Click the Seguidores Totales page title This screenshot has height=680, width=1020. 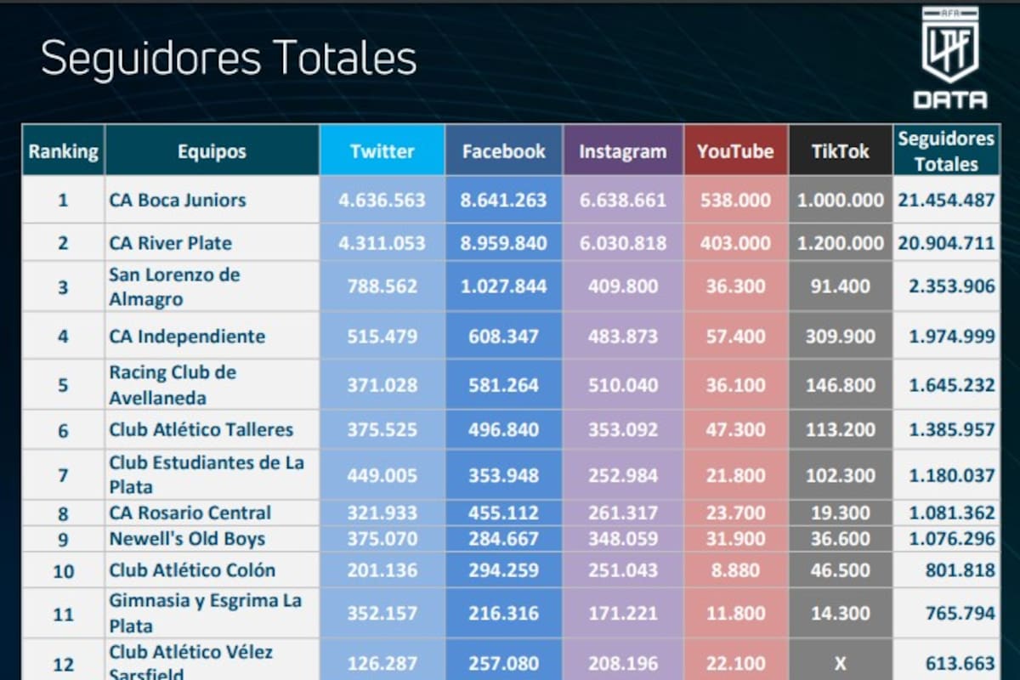(x=229, y=59)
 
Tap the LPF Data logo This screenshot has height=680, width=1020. (x=950, y=58)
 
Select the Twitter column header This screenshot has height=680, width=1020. (x=382, y=151)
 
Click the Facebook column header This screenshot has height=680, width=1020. (x=503, y=151)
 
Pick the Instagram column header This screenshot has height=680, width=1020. (x=622, y=151)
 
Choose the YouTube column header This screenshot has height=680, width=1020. (x=735, y=151)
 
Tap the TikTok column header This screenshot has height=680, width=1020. (x=840, y=151)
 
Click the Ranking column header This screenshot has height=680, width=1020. (x=64, y=152)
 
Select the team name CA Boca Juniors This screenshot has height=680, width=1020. (x=178, y=201)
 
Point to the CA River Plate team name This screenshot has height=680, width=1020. (x=170, y=243)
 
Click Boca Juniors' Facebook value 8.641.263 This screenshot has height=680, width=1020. (x=503, y=201)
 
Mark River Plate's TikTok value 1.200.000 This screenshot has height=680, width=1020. (x=840, y=243)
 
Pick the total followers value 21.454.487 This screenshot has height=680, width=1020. (x=946, y=201)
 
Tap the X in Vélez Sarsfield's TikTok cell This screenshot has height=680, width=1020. (x=840, y=664)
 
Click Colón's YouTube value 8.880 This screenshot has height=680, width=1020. (x=735, y=570)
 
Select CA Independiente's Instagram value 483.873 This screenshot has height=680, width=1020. (x=622, y=336)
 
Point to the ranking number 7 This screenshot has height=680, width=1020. (x=64, y=475)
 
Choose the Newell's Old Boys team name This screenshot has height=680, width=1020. (x=187, y=539)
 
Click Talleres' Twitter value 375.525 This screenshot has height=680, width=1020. (x=382, y=430)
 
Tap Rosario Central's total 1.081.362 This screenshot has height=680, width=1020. (x=951, y=513)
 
